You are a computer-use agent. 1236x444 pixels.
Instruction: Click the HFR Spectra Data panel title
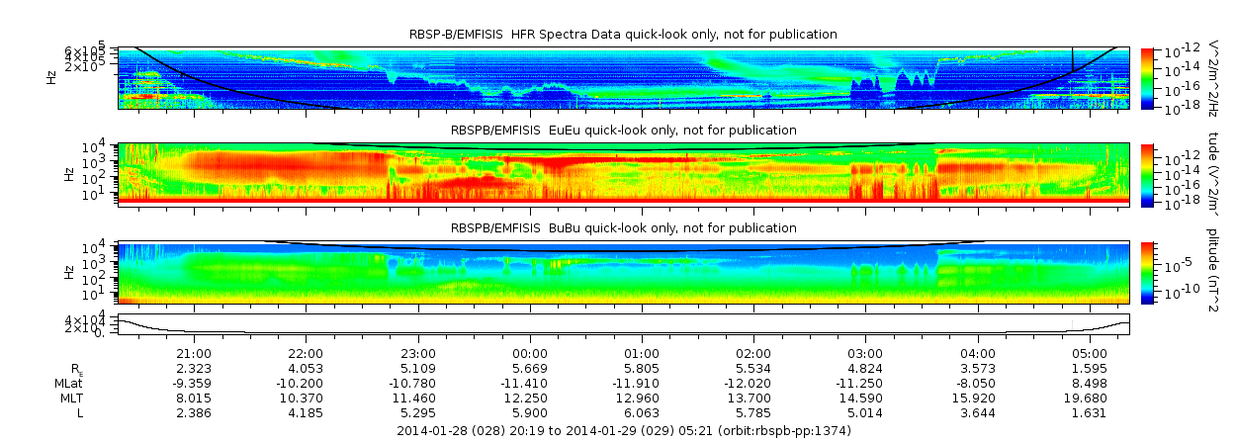coord(623,35)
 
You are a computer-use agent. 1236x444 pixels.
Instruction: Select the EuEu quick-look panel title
coord(623,130)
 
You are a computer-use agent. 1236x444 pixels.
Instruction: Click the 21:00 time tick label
coord(193,353)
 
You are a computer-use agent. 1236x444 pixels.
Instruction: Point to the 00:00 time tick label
coord(530,353)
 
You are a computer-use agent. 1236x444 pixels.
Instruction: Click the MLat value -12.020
coord(753,383)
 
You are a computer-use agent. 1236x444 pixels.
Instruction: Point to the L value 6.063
coord(642,412)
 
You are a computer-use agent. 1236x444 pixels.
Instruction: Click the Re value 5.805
coord(642,368)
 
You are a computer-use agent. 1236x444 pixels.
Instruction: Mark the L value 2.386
coord(193,412)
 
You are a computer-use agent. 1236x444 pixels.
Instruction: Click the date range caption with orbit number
coord(623,431)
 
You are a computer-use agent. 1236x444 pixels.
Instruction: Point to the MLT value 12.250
coord(530,398)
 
